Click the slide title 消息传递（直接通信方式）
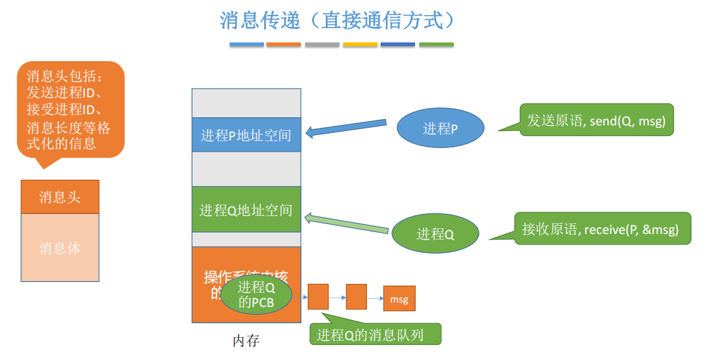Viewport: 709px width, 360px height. coord(337,21)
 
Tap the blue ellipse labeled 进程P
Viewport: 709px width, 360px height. coord(441,129)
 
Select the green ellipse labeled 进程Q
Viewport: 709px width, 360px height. coord(435,234)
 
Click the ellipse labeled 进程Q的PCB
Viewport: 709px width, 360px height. coord(256,295)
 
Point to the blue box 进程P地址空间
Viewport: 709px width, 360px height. coord(246,135)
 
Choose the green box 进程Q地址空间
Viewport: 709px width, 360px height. coord(246,210)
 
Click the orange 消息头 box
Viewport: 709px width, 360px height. coord(60,197)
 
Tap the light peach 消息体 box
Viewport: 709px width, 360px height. coord(60,248)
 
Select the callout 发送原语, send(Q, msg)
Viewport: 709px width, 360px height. coord(596,120)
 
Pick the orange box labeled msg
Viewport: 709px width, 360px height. coord(399,299)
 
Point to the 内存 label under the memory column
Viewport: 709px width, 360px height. coord(246,341)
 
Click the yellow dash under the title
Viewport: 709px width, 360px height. coord(360,45)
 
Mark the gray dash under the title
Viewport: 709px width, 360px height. coord(322,45)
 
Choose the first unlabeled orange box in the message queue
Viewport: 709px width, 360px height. coord(318,297)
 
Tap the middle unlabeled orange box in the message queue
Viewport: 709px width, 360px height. coord(356,297)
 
